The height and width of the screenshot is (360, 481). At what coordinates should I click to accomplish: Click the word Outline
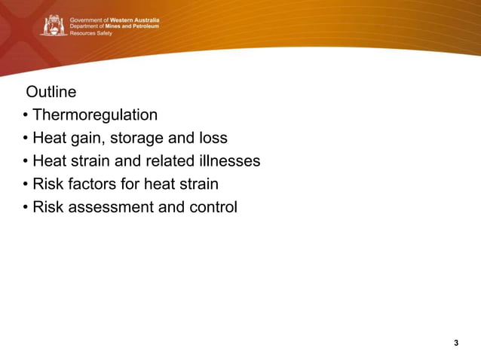[51, 93]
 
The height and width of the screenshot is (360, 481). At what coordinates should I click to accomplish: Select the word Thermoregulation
[95, 115]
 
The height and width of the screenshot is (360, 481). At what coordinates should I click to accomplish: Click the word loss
[213, 139]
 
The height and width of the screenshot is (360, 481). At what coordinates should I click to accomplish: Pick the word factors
[90, 184]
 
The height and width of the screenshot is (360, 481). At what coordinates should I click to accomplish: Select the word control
[210, 206]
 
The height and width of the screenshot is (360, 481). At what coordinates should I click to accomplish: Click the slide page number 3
[456, 343]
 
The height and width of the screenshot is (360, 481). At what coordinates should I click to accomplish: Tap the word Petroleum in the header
[140, 26]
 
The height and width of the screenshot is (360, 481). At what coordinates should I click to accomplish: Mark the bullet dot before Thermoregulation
[26, 116]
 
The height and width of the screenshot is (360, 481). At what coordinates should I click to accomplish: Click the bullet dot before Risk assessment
[26, 207]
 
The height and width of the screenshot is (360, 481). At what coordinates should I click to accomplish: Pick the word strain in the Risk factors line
[198, 184]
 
